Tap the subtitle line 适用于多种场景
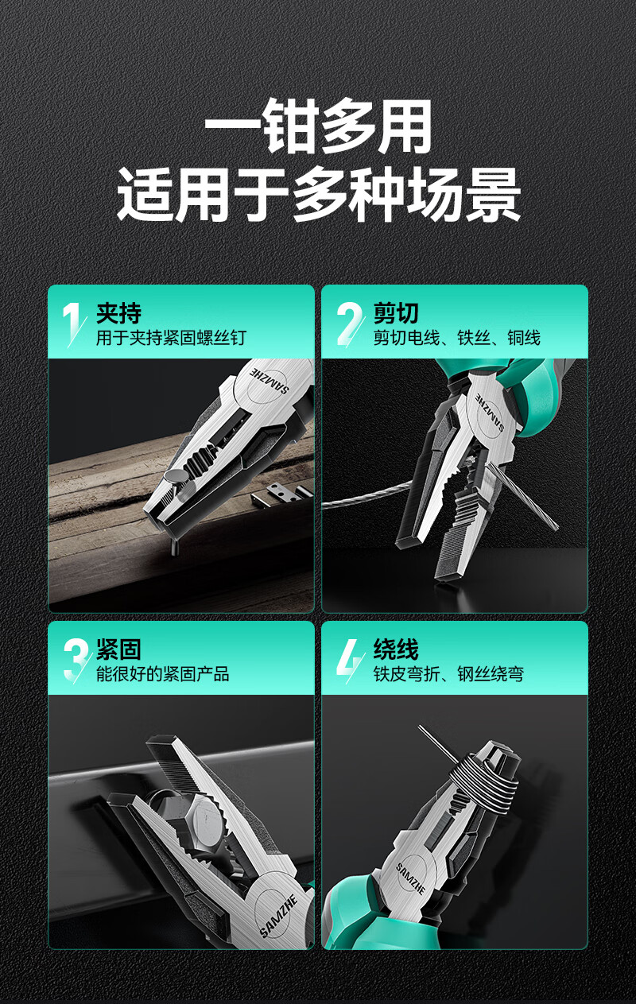318,195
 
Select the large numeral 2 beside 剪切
349,324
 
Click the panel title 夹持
118,313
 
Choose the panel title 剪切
396,313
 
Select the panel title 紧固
118,649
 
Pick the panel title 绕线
396,649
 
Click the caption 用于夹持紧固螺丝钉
171,338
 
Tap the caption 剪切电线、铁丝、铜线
456,338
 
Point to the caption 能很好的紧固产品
163,673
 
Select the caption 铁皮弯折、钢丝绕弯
448,673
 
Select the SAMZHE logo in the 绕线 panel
410,878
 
